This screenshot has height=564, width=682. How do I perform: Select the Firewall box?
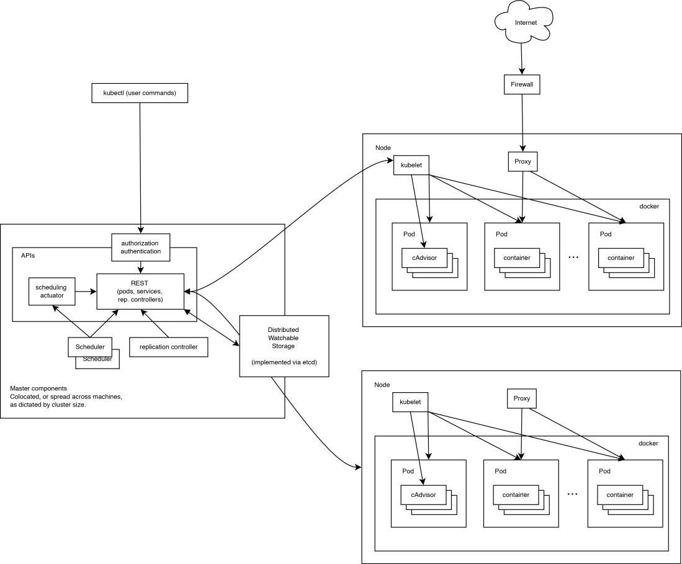521,84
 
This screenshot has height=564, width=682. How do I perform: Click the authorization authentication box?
140,247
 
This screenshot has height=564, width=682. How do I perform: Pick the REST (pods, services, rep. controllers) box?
140,291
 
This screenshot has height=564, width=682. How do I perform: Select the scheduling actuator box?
52,291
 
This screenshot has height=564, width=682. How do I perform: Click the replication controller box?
168,347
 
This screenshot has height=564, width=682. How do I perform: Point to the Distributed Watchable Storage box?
284,346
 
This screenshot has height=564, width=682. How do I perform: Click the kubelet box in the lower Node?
410,402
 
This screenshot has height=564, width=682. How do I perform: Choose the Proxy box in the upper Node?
522,161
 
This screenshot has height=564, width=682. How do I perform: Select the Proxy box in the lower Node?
521,398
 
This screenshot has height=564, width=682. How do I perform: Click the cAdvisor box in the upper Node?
424,257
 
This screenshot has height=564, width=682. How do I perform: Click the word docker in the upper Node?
648,206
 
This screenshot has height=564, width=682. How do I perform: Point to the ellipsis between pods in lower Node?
572,495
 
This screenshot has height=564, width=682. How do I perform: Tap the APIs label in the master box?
27,256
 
